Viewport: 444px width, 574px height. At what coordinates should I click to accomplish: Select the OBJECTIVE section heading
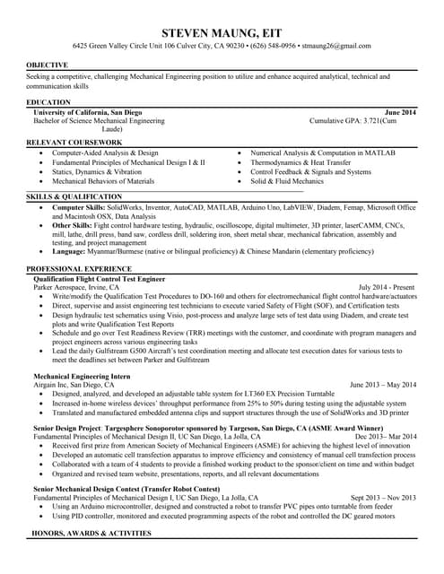point(46,65)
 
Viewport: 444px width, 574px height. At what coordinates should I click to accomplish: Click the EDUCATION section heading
point(48,103)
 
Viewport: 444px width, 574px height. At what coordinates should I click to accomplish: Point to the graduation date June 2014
point(399,112)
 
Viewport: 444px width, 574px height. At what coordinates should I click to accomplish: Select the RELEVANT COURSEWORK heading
point(74,143)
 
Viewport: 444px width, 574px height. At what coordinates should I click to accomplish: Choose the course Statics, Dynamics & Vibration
point(97,171)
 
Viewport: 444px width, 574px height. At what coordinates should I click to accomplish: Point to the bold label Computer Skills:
point(79,207)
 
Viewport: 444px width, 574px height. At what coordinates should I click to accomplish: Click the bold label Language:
point(69,252)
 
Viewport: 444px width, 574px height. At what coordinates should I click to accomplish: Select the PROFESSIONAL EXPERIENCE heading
point(79,269)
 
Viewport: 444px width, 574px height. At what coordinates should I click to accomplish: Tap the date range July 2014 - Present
point(387,287)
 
